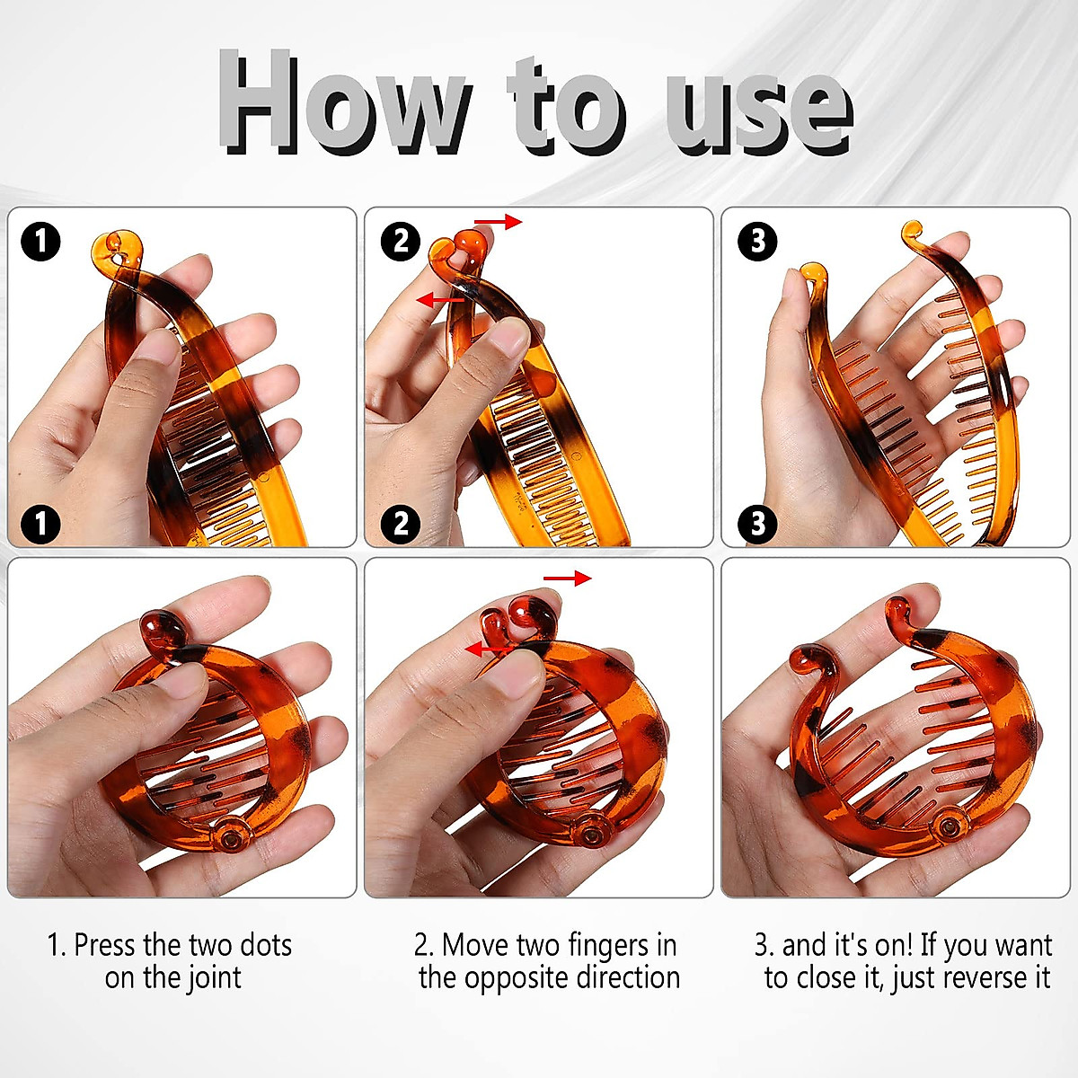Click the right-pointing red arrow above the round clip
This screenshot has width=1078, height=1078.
tap(568, 579)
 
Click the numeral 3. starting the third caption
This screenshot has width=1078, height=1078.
tap(764, 946)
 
